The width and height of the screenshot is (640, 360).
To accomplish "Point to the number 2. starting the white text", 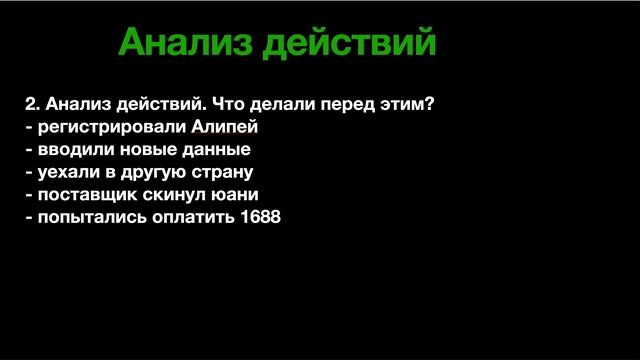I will (33, 105).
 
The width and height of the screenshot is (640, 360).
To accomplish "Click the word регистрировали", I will (109, 127).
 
